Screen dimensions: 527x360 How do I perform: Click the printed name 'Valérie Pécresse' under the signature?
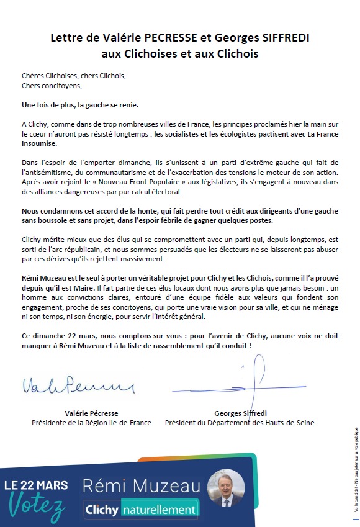91,413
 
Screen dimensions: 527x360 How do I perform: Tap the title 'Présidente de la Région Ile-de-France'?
91,423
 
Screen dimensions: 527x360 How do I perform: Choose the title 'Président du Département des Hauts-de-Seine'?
240,423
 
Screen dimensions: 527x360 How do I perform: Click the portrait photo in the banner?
226,488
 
